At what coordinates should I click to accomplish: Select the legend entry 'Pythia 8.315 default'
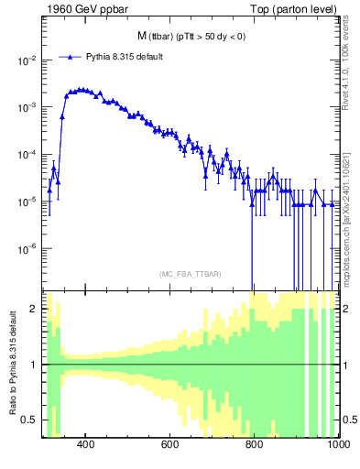point(125,57)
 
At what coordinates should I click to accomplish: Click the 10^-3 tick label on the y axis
point(25,107)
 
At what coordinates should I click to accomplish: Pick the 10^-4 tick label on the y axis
point(25,155)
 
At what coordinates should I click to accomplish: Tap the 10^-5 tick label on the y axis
point(25,202)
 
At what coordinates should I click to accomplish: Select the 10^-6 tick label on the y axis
point(25,249)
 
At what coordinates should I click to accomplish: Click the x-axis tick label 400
point(85,446)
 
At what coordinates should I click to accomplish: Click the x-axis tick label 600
point(169,446)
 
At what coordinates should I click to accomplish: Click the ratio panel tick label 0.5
point(29,420)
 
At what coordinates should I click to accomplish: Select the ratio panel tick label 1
point(33,365)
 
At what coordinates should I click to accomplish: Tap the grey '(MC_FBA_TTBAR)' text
point(189,274)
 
